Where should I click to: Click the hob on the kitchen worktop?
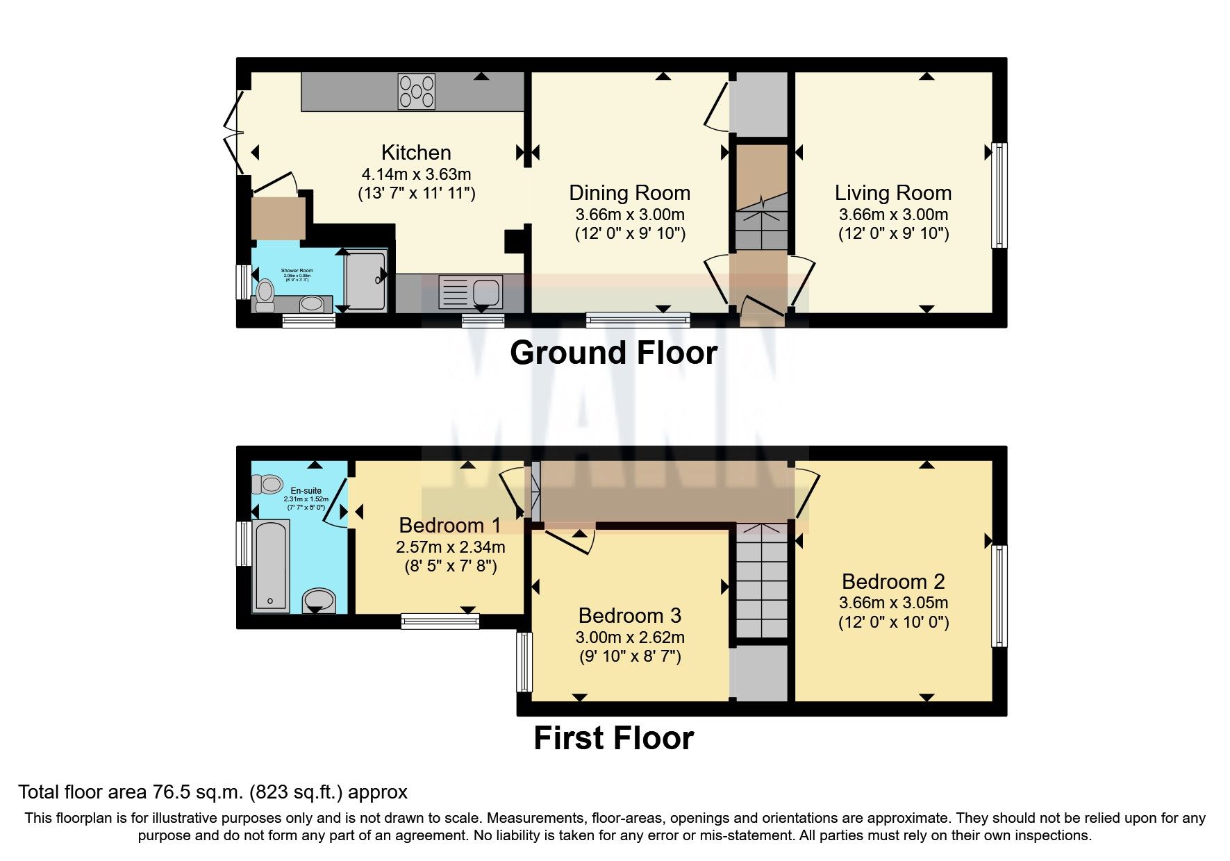pos(416,92)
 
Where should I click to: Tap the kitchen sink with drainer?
pos(471,292)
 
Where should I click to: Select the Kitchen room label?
pos(416,152)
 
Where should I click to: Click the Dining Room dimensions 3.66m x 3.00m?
pos(630,215)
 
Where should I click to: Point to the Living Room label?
pos(893,192)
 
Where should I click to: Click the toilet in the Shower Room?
pos(265,294)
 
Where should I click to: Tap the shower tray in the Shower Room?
pos(365,281)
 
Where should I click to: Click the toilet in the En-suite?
pos(267,483)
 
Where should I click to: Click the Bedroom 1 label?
pos(450,526)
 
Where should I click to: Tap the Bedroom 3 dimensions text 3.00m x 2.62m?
pos(630,637)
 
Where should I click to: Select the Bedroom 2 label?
pos(893,581)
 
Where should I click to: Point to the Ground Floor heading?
pos(613,353)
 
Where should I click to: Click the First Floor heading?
pos(613,737)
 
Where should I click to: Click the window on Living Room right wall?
pos(999,195)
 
